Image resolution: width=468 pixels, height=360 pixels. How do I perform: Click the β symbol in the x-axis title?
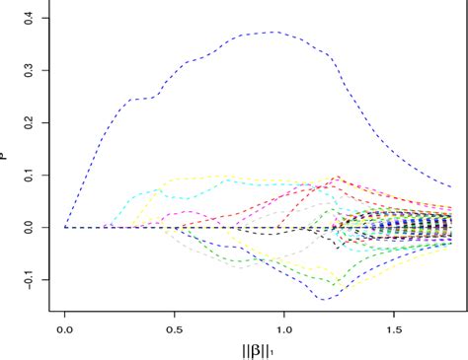pyautogui.click(x=258, y=349)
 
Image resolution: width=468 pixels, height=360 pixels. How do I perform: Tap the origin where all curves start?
pyautogui.click(x=65, y=228)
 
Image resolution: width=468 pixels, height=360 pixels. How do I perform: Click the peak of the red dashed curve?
pyautogui.click(x=339, y=178)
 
